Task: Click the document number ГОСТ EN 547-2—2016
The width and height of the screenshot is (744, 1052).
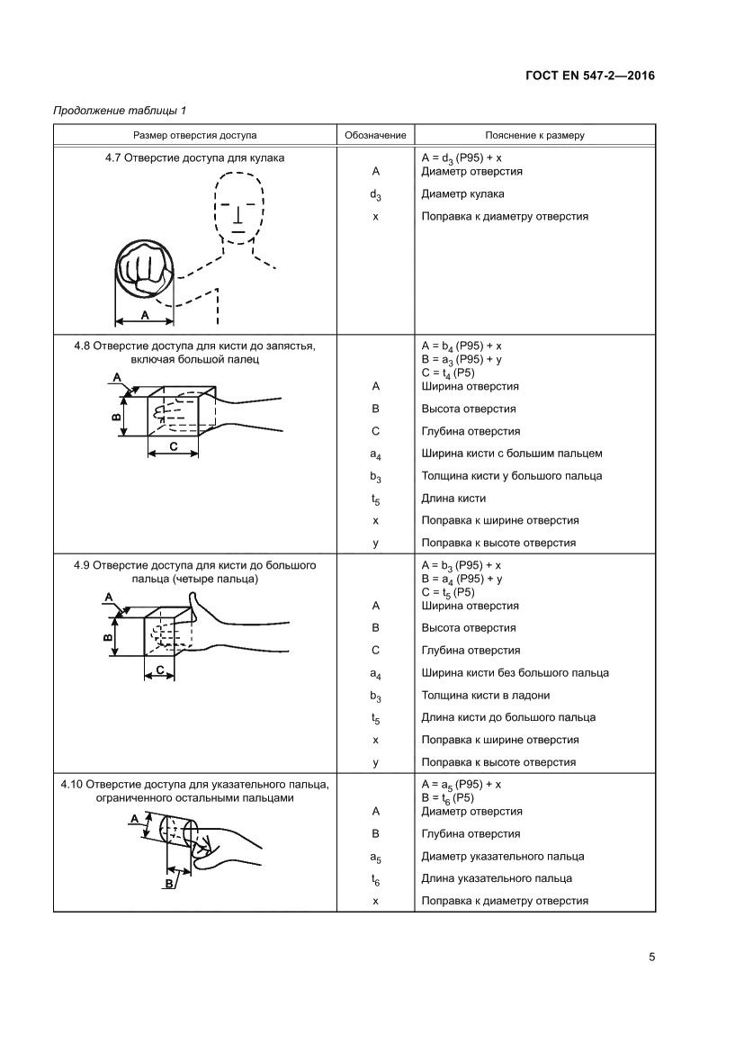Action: pyautogui.click(x=588, y=75)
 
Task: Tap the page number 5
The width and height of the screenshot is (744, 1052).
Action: pyautogui.click(x=651, y=957)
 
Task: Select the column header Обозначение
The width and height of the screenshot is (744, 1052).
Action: pyautogui.click(x=374, y=135)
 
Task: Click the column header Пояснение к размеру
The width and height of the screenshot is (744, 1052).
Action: pyautogui.click(x=534, y=135)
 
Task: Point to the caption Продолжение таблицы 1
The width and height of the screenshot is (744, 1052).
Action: pyautogui.click(x=120, y=111)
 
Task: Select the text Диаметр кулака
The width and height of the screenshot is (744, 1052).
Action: pyautogui.click(x=462, y=193)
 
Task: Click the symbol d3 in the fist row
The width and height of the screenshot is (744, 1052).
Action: pyautogui.click(x=375, y=194)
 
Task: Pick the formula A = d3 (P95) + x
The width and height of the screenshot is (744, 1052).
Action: pyautogui.click(x=462, y=157)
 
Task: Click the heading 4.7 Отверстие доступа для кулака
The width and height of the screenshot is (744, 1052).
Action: pyautogui.click(x=194, y=157)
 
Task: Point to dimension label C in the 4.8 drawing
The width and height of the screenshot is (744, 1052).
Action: pyautogui.click(x=173, y=446)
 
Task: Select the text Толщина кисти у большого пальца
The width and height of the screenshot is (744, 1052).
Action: pyautogui.click(x=512, y=475)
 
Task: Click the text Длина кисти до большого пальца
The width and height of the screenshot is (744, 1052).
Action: pyautogui.click(x=508, y=717)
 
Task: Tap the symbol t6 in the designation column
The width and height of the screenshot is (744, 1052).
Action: pyautogui.click(x=375, y=879)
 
